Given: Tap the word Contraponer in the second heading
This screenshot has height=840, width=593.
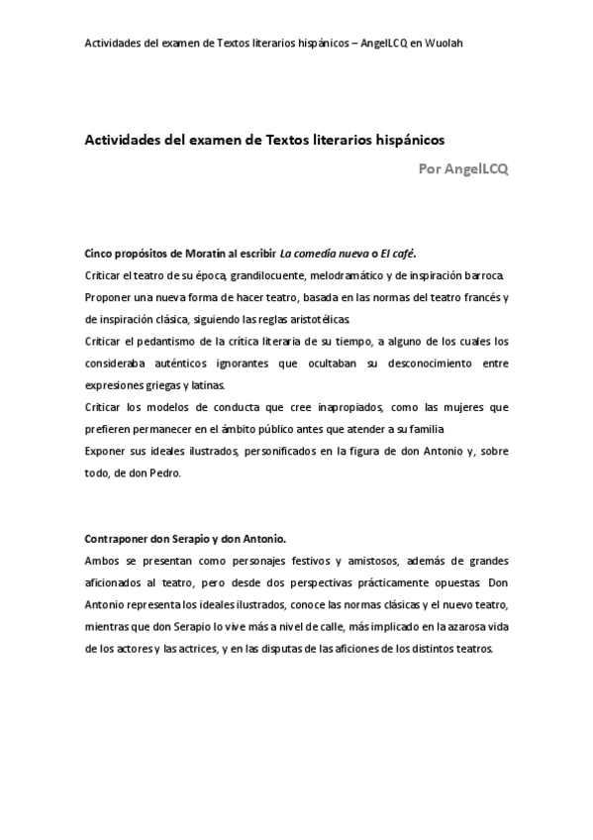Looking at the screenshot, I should [119, 539].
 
